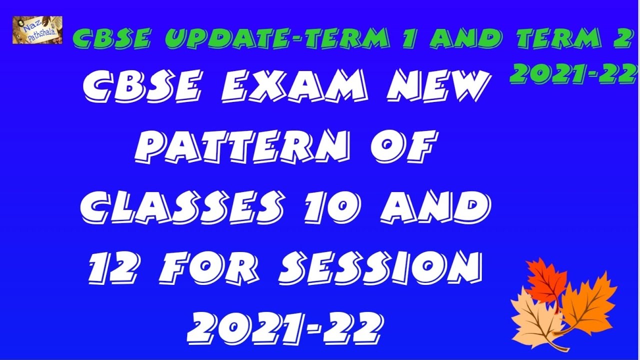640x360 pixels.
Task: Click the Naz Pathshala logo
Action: point(37,29)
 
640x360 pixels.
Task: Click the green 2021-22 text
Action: point(573,74)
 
